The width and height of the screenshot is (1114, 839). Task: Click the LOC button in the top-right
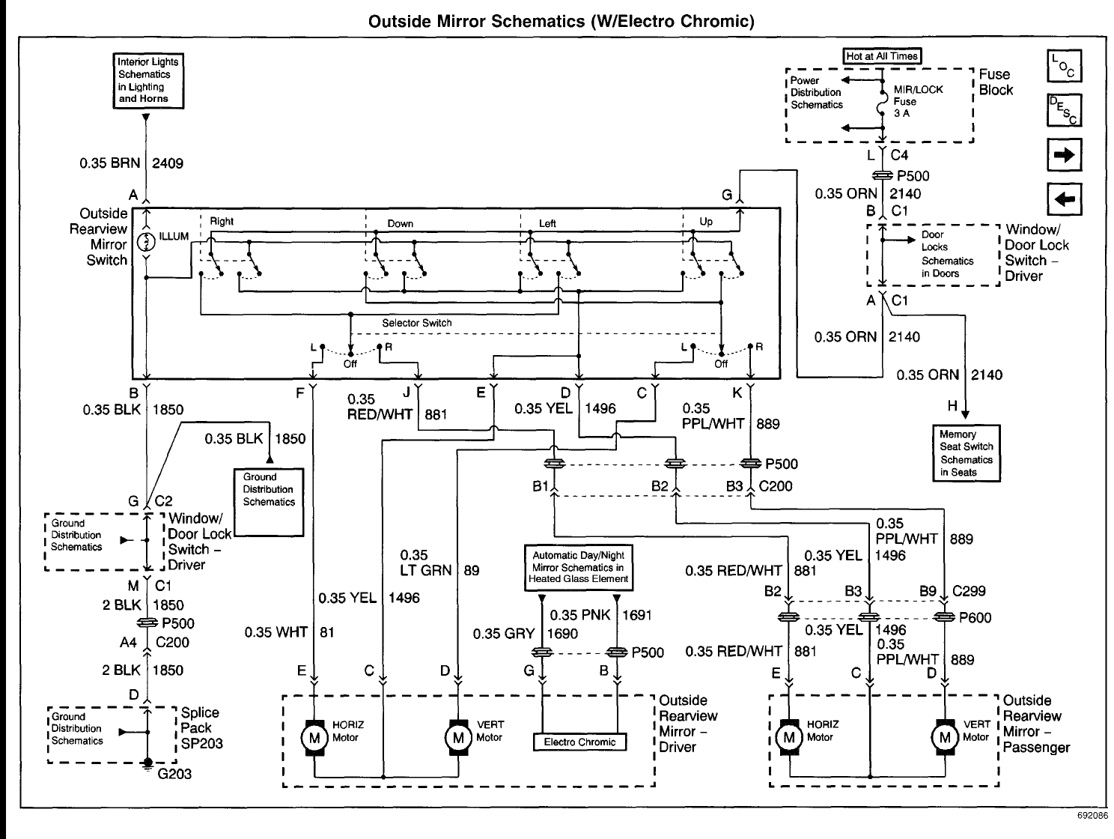pos(1065,66)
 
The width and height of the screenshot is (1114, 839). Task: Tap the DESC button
pos(1065,110)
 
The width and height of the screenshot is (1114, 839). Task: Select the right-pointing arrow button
pos(1065,154)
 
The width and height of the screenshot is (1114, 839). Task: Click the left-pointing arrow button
pos(1065,199)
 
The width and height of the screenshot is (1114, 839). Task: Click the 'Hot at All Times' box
pos(882,56)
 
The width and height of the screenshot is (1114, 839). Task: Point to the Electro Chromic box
pos(579,742)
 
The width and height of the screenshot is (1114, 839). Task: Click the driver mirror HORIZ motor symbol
pos(314,737)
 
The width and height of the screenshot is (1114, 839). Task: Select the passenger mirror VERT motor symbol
pos(945,737)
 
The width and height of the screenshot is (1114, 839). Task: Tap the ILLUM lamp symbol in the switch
pos(146,242)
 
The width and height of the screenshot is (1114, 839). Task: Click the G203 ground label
pos(174,774)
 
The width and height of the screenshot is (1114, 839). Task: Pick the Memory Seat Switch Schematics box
pos(967,453)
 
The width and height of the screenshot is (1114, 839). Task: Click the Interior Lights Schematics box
pos(148,81)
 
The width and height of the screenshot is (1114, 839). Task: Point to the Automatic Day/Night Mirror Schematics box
pos(579,568)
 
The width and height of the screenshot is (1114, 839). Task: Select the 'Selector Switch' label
pos(417,323)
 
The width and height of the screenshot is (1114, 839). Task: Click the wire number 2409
pos(168,163)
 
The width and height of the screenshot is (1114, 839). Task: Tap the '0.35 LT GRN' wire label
pos(426,563)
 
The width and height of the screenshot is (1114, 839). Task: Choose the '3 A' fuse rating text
pos(902,113)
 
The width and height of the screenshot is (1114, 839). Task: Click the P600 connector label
pos(975,617)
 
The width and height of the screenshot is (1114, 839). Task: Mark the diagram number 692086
pos(1093,816)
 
